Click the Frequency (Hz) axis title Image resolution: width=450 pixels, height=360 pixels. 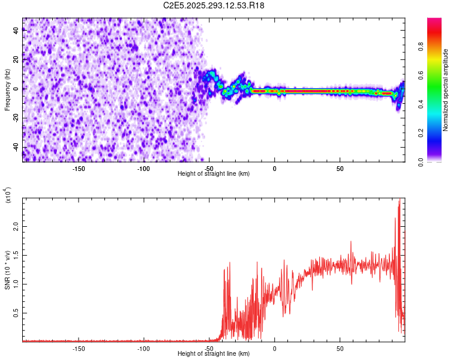[x=7, y=90]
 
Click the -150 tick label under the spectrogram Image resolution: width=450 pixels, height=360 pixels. [x=79, y=168]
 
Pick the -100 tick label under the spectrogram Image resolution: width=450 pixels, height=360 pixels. [x=143, y=168]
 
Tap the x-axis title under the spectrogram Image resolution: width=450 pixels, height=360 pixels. [x=214, y=173]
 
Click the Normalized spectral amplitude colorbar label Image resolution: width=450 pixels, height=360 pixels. [x=446, y=91]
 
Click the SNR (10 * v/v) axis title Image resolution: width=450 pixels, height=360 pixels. [x=7, y=270]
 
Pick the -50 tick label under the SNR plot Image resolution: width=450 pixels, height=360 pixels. [x=209, y=348]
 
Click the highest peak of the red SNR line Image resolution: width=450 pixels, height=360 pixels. [x=400, y=200]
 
